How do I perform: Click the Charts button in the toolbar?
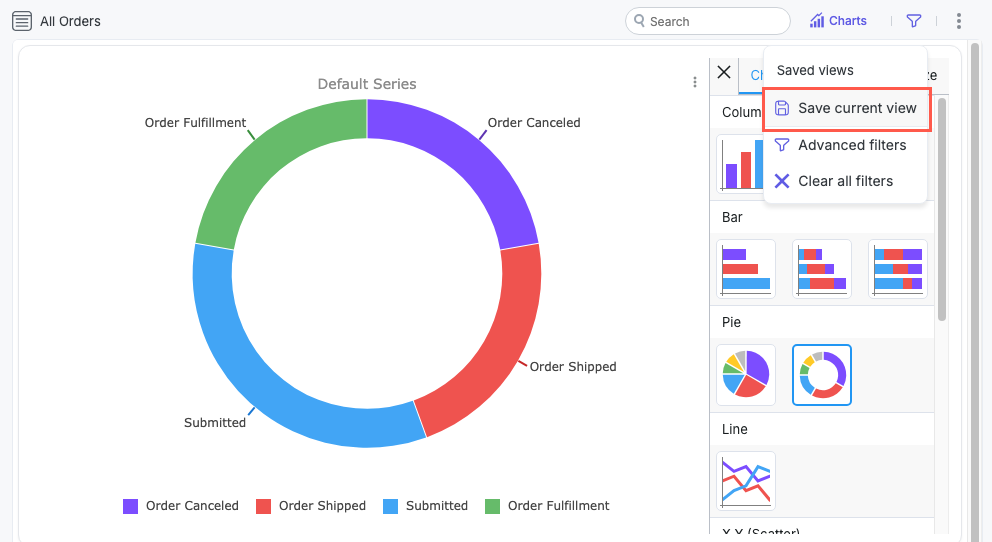tap(838, 21)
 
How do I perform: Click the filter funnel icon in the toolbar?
tap(914, 21)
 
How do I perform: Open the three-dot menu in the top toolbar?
tap(959, 21)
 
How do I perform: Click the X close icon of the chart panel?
tap(724, 72)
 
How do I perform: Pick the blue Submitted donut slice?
tap(270, 380)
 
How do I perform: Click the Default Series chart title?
tap(367, 84)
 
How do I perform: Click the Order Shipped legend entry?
tap(311, 506)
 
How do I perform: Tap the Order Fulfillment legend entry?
tap(547, 506)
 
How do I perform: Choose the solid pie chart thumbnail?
tap(746, 375)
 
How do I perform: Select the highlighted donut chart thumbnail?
tap(822, 375)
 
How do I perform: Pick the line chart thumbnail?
tap(746, 481)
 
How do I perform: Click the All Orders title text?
tap(70, 21)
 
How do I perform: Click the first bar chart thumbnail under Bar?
tap(746, 268)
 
